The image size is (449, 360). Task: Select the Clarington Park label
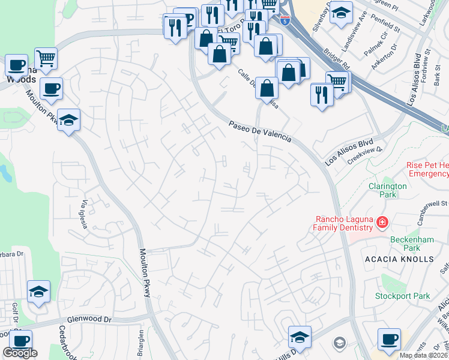click(x=388, y=190)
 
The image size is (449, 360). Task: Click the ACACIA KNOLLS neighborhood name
click(x=399, y=259)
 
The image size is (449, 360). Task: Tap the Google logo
click(x=20, y=353)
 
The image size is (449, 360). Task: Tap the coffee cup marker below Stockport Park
click(x=389, y=339)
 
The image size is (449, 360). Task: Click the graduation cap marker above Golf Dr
click(x=39, y=292)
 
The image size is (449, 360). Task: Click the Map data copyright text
click(x=423, y=355)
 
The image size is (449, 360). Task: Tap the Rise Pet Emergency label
click(x=427, y=169)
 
